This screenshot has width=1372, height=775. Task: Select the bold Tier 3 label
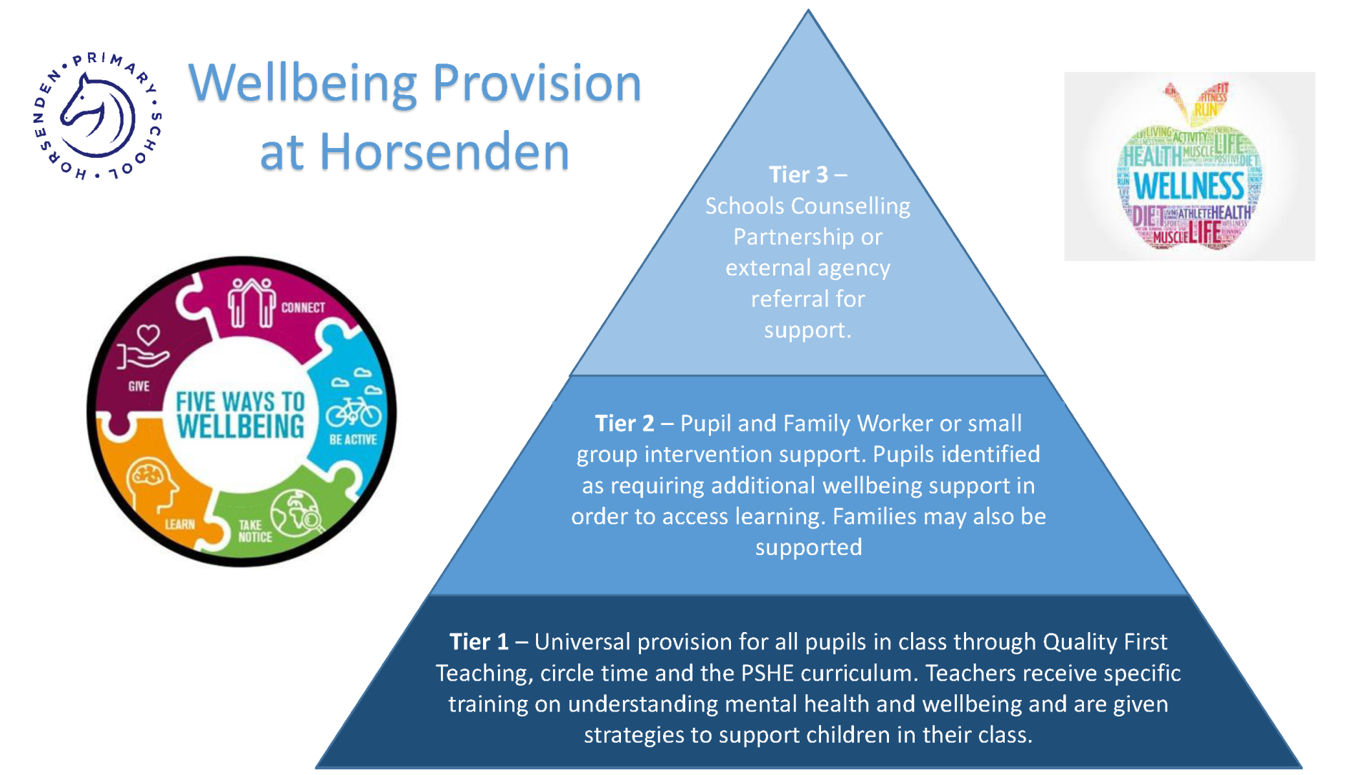798,175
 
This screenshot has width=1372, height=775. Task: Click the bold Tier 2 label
625,424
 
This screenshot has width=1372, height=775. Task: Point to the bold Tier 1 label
479,642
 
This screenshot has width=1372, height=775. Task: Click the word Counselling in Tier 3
850,206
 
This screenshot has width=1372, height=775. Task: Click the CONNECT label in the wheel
303,308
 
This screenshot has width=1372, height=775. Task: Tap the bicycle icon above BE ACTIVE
354,412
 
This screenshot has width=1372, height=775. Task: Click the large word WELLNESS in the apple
1189,186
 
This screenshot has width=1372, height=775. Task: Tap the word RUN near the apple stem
1206,110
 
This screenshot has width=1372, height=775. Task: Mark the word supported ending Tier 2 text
808,548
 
